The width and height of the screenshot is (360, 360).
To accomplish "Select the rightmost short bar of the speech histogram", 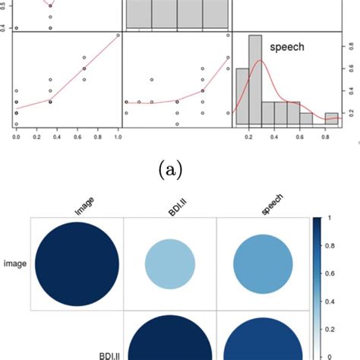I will pos(331,118).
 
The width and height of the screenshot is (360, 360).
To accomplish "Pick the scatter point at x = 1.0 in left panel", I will pos(117,35).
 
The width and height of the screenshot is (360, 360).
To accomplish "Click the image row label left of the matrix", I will pos(14,264).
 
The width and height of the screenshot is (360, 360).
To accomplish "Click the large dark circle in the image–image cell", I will pos(76,264).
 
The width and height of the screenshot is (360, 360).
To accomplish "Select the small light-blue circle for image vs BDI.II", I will pos(170,264).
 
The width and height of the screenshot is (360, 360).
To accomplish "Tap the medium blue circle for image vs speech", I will pos(263,264).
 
